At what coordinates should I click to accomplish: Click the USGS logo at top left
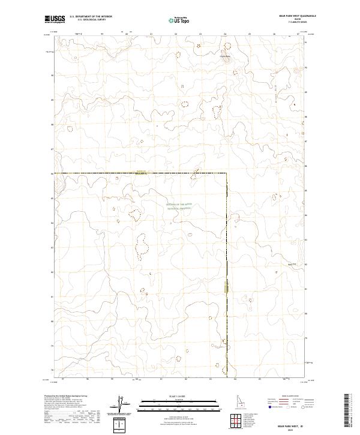click(x=55, y=19)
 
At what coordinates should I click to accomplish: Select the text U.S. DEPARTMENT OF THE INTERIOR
click(x=91, y=17)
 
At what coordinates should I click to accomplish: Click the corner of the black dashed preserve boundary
click(x=226, y=173)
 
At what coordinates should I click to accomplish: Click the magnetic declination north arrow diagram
click(x=119, y=403)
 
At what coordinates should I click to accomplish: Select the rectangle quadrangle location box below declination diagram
click(x=122, y=424)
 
